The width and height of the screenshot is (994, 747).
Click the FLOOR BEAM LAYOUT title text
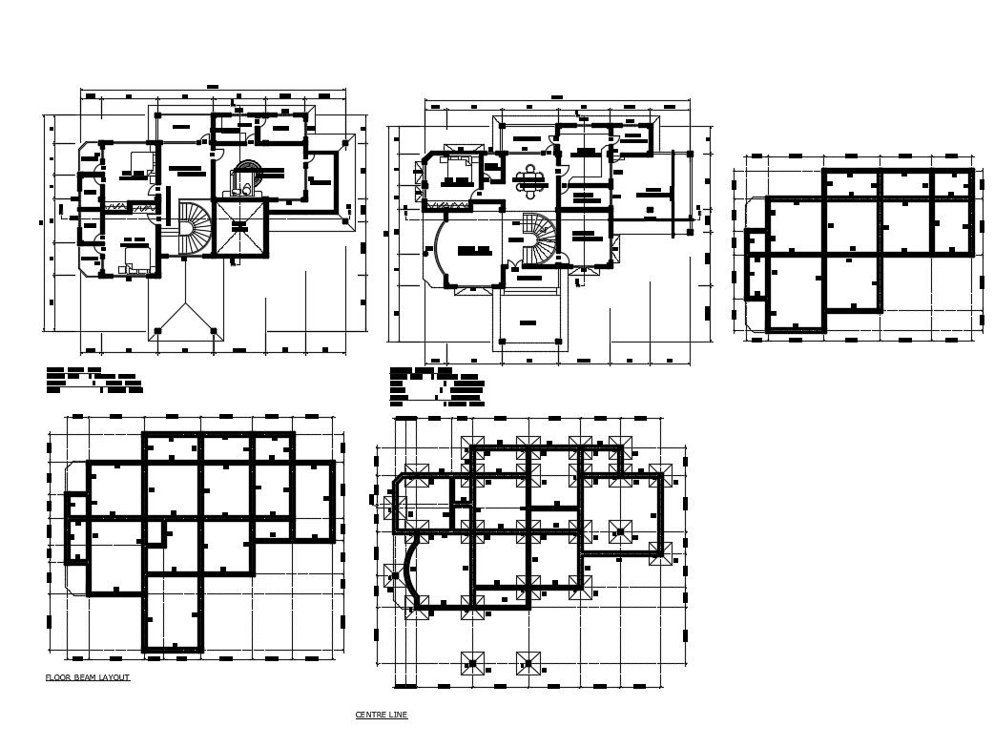pos(88,677)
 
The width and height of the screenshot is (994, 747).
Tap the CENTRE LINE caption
pos(382,715)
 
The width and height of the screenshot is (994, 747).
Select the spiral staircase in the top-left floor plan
pos(195,229)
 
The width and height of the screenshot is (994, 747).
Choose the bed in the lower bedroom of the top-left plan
pos(134,257)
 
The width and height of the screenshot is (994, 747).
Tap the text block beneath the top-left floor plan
pos(95,380)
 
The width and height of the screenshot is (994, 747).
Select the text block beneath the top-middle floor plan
pos(433,386)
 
